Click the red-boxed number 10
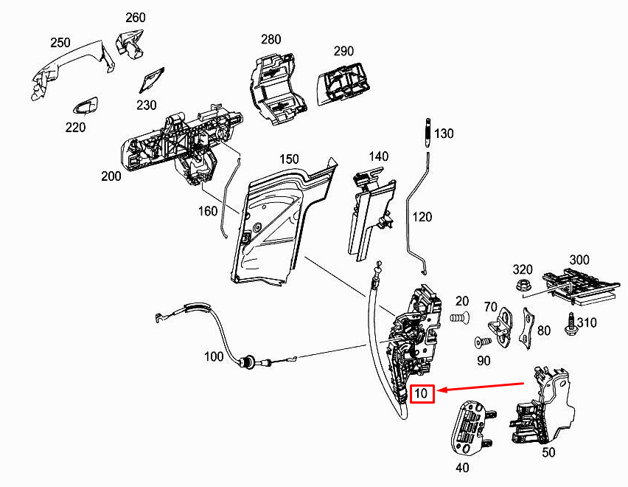point(422,393)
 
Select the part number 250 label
point(60,43)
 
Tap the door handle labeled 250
point(72,69)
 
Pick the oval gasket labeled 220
point(85,106)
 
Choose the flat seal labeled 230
point(151,80)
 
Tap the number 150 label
point(289,159)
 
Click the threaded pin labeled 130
point(428,133)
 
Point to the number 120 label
point(422,217)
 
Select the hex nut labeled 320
point(523,286)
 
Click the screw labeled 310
point(569,323)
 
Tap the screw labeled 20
point(460,318)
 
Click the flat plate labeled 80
point(527,328)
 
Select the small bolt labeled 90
point(483,342)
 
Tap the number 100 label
point(214,356)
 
